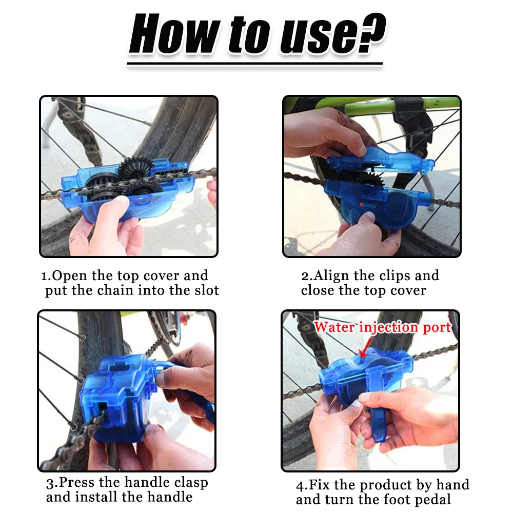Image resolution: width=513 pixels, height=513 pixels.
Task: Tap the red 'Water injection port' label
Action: (x=382, y=327)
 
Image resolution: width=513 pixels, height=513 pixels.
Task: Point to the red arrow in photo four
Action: (x=365, y=351)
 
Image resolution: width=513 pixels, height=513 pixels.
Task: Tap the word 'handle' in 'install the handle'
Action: (x=166, y=497)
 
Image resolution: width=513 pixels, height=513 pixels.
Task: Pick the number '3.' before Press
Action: (x=51, y=483)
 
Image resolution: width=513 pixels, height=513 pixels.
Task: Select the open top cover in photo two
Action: (x=380, y=159)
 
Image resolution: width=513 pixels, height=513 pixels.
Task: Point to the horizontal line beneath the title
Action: (x=255, y=64)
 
